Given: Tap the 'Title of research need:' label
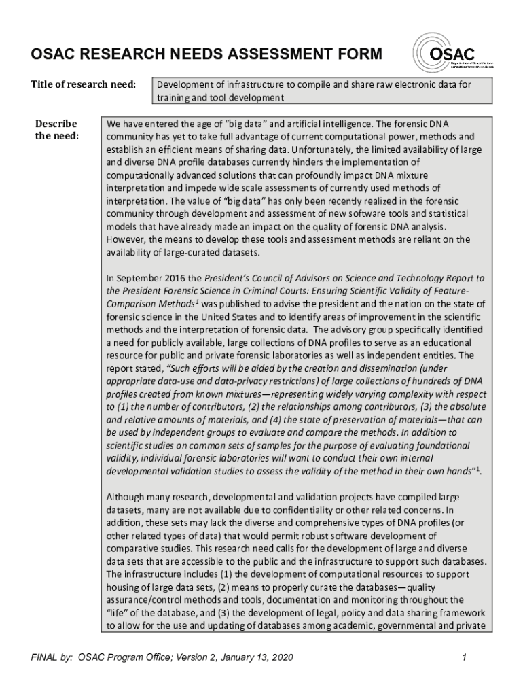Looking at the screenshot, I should pyautogui.click(x=83, y=85).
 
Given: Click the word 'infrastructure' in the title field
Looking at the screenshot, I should pyautogui.click(x=248, y=85).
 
